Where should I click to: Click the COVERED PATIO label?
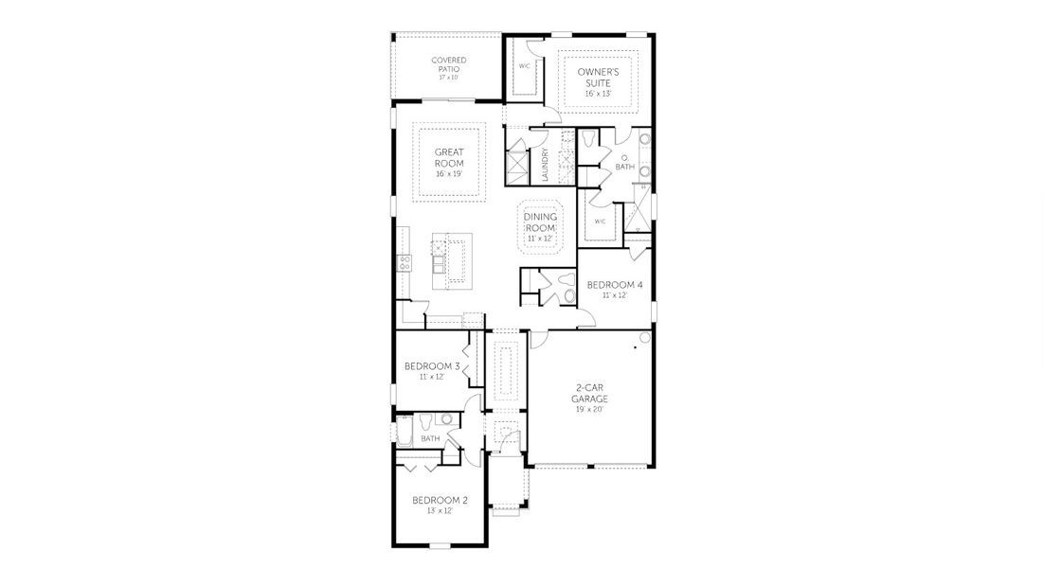point(448,64)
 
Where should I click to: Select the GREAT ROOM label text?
point(448,157)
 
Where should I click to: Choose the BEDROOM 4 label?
point(615,285)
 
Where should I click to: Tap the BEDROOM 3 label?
point(432,366)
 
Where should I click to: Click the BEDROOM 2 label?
point(440,500)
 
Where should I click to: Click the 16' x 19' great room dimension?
point(448,173)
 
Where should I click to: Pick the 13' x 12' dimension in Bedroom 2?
point(440,511)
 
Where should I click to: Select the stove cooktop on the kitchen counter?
point(405,263)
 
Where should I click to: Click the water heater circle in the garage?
point(646,337)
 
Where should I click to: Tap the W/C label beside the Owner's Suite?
point(524,66)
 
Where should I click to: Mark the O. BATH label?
point(624,162)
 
